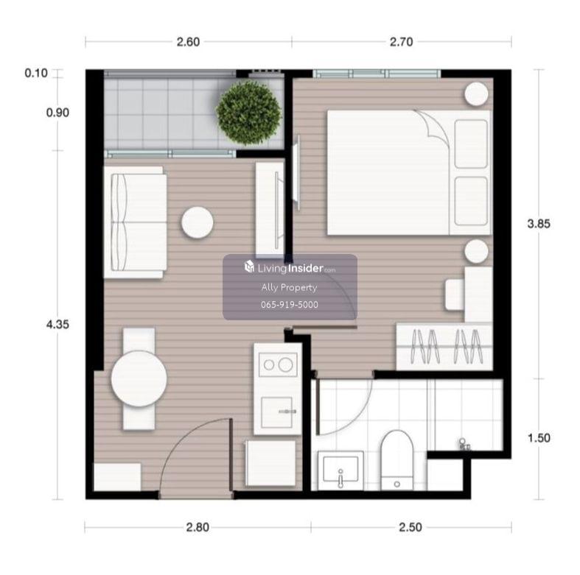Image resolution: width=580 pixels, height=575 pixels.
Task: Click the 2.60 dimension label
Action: point(188,42)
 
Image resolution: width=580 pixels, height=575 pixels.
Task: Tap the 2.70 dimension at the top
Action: point(401,42)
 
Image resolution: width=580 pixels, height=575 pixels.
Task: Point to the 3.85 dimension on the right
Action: point(539,224)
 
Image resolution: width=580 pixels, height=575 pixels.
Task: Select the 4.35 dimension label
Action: point(57,325)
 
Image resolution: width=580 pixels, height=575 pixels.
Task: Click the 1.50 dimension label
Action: point(539,438)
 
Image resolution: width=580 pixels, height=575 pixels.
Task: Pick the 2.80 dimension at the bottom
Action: point(198,527)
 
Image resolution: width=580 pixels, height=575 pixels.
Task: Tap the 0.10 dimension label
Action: point(36,73)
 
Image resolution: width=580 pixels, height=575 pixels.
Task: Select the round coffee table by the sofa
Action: point(198,222)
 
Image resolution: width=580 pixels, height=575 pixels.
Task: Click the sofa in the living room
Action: point(135,222)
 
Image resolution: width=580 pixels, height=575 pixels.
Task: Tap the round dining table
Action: point(139,378)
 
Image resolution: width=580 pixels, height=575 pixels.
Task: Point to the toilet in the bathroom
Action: point(396,459)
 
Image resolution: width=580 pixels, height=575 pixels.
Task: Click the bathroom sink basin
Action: point(340,469)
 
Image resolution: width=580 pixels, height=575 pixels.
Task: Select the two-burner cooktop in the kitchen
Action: point(278,364)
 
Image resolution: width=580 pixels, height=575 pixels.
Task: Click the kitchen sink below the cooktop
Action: point(276,412)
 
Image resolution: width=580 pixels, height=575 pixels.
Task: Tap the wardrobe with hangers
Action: point(444,346)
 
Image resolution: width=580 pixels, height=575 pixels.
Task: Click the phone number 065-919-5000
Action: point(289,305)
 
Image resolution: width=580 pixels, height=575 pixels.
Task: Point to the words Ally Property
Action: point(289,287)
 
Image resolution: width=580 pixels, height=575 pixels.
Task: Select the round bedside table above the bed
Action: point(476,94)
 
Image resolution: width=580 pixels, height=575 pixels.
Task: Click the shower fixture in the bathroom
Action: point(464,445)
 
